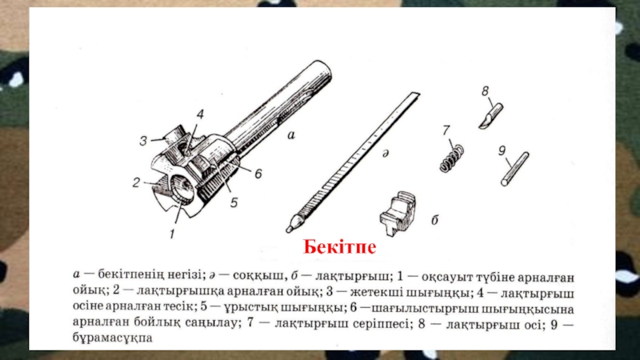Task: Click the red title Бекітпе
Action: (x=339, y=247)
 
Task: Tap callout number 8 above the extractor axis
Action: (x=485, y=91)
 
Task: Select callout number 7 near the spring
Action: (x=446, y=130)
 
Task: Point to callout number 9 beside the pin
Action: (x=502, y=150)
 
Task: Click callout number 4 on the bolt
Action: (x=200, y=114)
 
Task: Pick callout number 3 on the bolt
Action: (x=143, y=142)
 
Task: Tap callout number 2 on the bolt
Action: (x=136, y=182)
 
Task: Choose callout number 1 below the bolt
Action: (x=172, y=234)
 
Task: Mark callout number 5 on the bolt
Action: (x=234, y=202)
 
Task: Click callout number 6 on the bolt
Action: (x=258, y=174)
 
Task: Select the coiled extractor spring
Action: (x=451, y=158)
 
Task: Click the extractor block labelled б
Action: (x=398, y=213)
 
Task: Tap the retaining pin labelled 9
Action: (x=515, y=169)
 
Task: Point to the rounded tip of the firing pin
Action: (x=290, y=229)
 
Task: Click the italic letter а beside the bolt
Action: (x=291, y=135)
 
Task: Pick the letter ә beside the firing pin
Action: (x=385, y=154)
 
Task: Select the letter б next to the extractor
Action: (x=434, y=220)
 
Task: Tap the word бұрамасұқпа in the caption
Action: (x=113, y=338)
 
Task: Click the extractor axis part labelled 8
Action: (x=491, y=116)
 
